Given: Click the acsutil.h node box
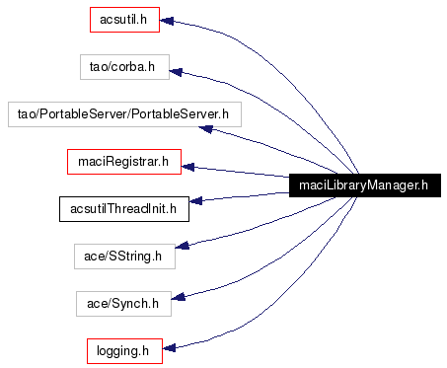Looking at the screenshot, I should point(122,19).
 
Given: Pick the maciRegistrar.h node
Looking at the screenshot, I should point(123,160).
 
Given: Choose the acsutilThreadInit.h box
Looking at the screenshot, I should point(123,207).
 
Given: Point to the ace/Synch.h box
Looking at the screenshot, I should point(123,302).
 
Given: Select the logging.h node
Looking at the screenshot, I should point(123,349).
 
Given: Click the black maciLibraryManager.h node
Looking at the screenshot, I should point(363,184).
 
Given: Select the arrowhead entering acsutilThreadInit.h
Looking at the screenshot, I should point(195,201).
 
